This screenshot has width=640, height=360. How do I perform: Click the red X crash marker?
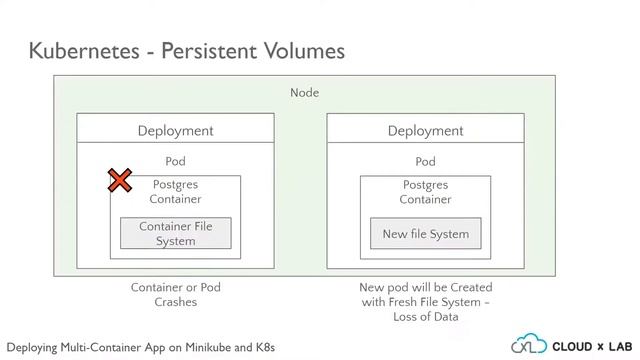pyautogui.click(x=120, y=180)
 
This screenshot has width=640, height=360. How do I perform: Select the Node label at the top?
pyautogui.click(x=304, y=93)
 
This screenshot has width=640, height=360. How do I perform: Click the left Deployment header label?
pyautogui.click(x=175, y=130)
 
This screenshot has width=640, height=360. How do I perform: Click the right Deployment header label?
pyautogui.click(x=425, y=130)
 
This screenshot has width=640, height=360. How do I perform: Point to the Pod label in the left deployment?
pyautogui.click(x=175, y=161)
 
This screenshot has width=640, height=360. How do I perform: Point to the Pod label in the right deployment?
pyautogui.click(x=425, y=161)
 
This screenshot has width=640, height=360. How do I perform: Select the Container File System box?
pyautogui.click(x=175, y=233)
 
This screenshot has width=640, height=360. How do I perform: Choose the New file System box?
pyautogui.click(x=425, y=234)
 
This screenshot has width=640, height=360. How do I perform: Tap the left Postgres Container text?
pyautogui.click(x=175, y=191)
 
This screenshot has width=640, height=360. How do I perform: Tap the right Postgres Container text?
pyautogui.click(x=425, y=191)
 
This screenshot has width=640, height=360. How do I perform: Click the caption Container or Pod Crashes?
pyautogui.click(x=175, y=294)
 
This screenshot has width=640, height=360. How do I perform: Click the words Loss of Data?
pyautogui.click(x=425, y=316)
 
